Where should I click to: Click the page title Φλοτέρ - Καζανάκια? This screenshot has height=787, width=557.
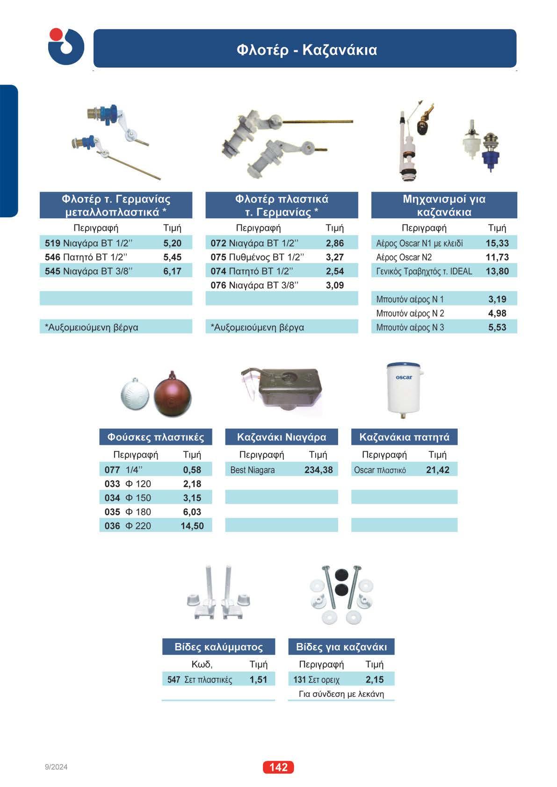[306, 50]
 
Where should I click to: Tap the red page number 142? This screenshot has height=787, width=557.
[278, 767]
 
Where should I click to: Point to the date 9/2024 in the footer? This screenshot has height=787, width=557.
[56, 767]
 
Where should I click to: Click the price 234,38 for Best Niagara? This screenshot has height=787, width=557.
[318, 470]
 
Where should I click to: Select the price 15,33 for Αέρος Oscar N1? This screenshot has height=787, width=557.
[497, 243]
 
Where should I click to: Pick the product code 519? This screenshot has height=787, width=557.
[52, 243]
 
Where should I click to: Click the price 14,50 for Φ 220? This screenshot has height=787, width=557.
[192, 526]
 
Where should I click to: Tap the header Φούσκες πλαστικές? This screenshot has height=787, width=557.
[156, 437]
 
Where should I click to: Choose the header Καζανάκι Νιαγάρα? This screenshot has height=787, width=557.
[282, 437]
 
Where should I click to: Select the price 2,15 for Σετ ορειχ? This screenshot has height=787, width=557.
[375, 679]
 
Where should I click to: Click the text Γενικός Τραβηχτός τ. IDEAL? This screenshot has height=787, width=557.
[424, 271]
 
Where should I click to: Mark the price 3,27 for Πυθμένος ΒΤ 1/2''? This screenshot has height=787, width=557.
[335, 257]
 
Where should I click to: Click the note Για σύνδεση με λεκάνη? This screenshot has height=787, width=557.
[341, 694]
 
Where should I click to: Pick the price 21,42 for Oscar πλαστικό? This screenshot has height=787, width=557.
[437, 470]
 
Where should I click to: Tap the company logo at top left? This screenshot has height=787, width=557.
[65, 46]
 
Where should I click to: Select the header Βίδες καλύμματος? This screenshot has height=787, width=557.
[218, 647]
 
